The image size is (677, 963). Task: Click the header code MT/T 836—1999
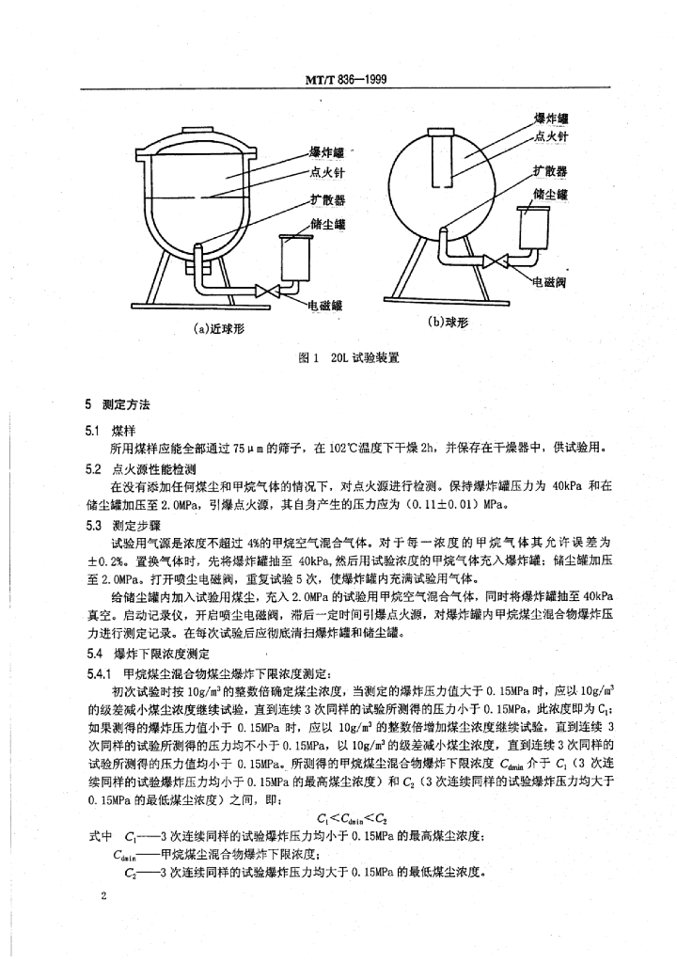346,79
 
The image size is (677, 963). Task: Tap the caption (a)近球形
218,330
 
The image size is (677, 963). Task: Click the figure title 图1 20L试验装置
348,358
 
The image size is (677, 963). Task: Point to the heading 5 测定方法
118,404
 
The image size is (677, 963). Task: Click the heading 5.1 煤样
110,432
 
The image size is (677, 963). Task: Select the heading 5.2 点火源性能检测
141,470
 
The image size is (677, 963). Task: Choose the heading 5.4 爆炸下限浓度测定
148,655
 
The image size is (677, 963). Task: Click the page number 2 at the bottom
103,896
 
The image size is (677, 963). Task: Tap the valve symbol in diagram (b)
495,262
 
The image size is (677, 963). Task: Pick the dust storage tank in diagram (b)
532,228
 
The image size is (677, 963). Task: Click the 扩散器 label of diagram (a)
327,200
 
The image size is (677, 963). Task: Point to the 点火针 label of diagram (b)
551,136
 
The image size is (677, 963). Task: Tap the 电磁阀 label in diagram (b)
549,284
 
